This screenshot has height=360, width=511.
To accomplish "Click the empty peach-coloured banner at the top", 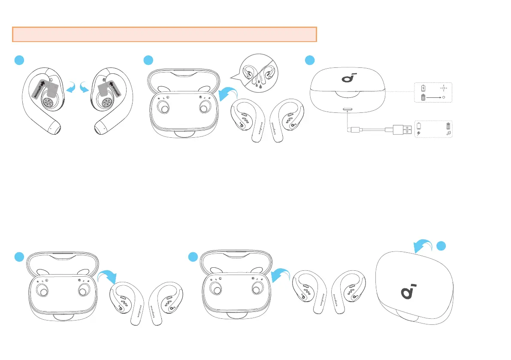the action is click(164, 34).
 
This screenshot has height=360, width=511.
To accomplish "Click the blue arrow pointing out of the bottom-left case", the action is click(107, 279).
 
